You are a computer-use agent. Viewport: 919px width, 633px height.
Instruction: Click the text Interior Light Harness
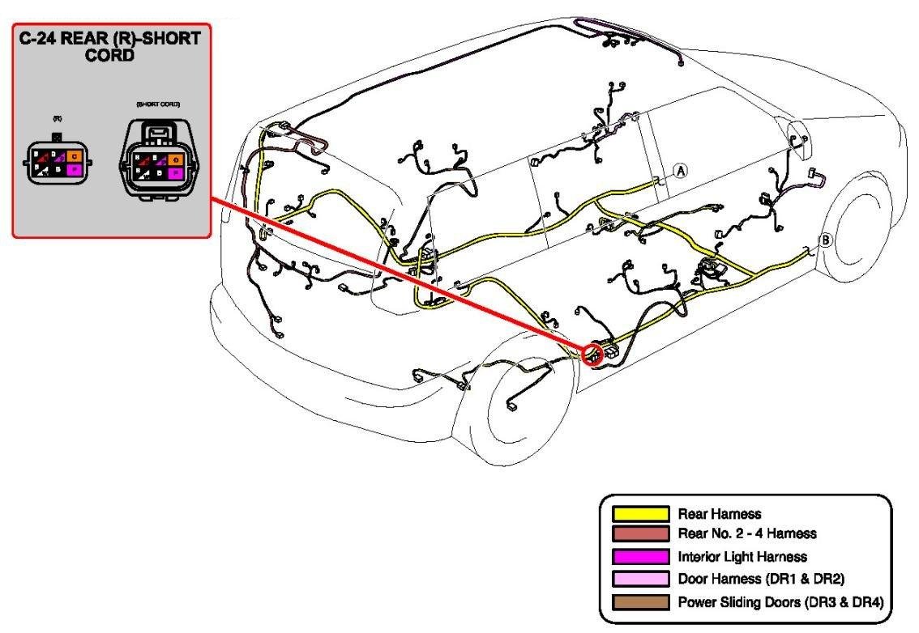coord(742,557)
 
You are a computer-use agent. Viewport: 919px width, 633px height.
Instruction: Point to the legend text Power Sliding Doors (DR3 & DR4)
coord(780,601)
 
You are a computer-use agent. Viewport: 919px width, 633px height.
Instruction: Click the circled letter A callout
coord(681,170)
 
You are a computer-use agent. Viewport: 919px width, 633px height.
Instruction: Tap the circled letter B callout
coord(826,240)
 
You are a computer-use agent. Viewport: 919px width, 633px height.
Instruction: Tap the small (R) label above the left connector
coord(56,119)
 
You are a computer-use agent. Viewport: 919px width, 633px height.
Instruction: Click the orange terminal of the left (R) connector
coord(74,155)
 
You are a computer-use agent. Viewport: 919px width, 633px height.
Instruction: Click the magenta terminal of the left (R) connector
coord(74,170)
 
